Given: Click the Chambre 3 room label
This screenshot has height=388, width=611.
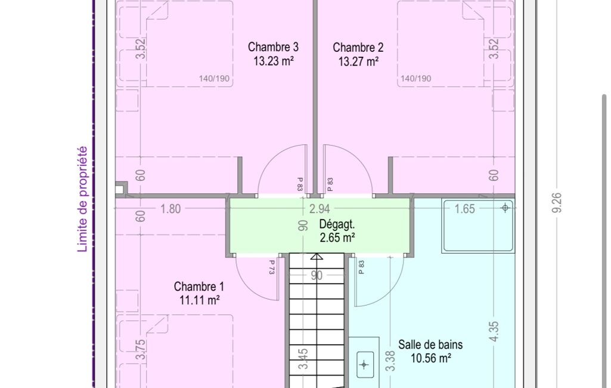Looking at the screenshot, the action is point(273,47).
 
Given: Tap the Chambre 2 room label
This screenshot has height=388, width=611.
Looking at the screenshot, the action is point(358,48).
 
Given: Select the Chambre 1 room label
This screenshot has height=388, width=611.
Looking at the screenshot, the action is point(199,287).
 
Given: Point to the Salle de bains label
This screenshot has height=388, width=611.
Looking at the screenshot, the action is point(430,344).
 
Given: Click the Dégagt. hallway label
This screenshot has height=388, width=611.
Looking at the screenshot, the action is point(337,224).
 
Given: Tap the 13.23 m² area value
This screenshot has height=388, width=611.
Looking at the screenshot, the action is point(273,61).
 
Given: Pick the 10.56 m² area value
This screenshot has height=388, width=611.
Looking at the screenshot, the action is point(431,358).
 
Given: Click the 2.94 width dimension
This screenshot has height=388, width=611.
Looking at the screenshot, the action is point(320,209).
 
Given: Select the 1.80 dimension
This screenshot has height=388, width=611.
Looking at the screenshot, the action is point(170,209).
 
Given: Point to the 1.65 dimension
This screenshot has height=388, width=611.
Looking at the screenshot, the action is point(464,209).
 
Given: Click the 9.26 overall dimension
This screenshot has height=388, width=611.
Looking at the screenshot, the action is point(557,202).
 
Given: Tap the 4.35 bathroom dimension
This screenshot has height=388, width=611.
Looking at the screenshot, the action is point(494,331).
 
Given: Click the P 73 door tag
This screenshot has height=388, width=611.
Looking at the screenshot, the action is point(272,267).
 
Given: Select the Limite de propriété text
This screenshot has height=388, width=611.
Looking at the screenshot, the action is point(82,199).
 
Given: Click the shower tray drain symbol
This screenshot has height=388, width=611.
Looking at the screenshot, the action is point(505,208).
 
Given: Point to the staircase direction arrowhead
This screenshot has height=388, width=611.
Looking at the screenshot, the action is point(317,257).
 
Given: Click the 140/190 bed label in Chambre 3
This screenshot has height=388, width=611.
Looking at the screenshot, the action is point(214,78).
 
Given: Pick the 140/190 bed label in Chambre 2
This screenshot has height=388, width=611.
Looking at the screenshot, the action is point(415,78).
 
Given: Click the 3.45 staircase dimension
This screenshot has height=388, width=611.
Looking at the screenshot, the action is point(303,359).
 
